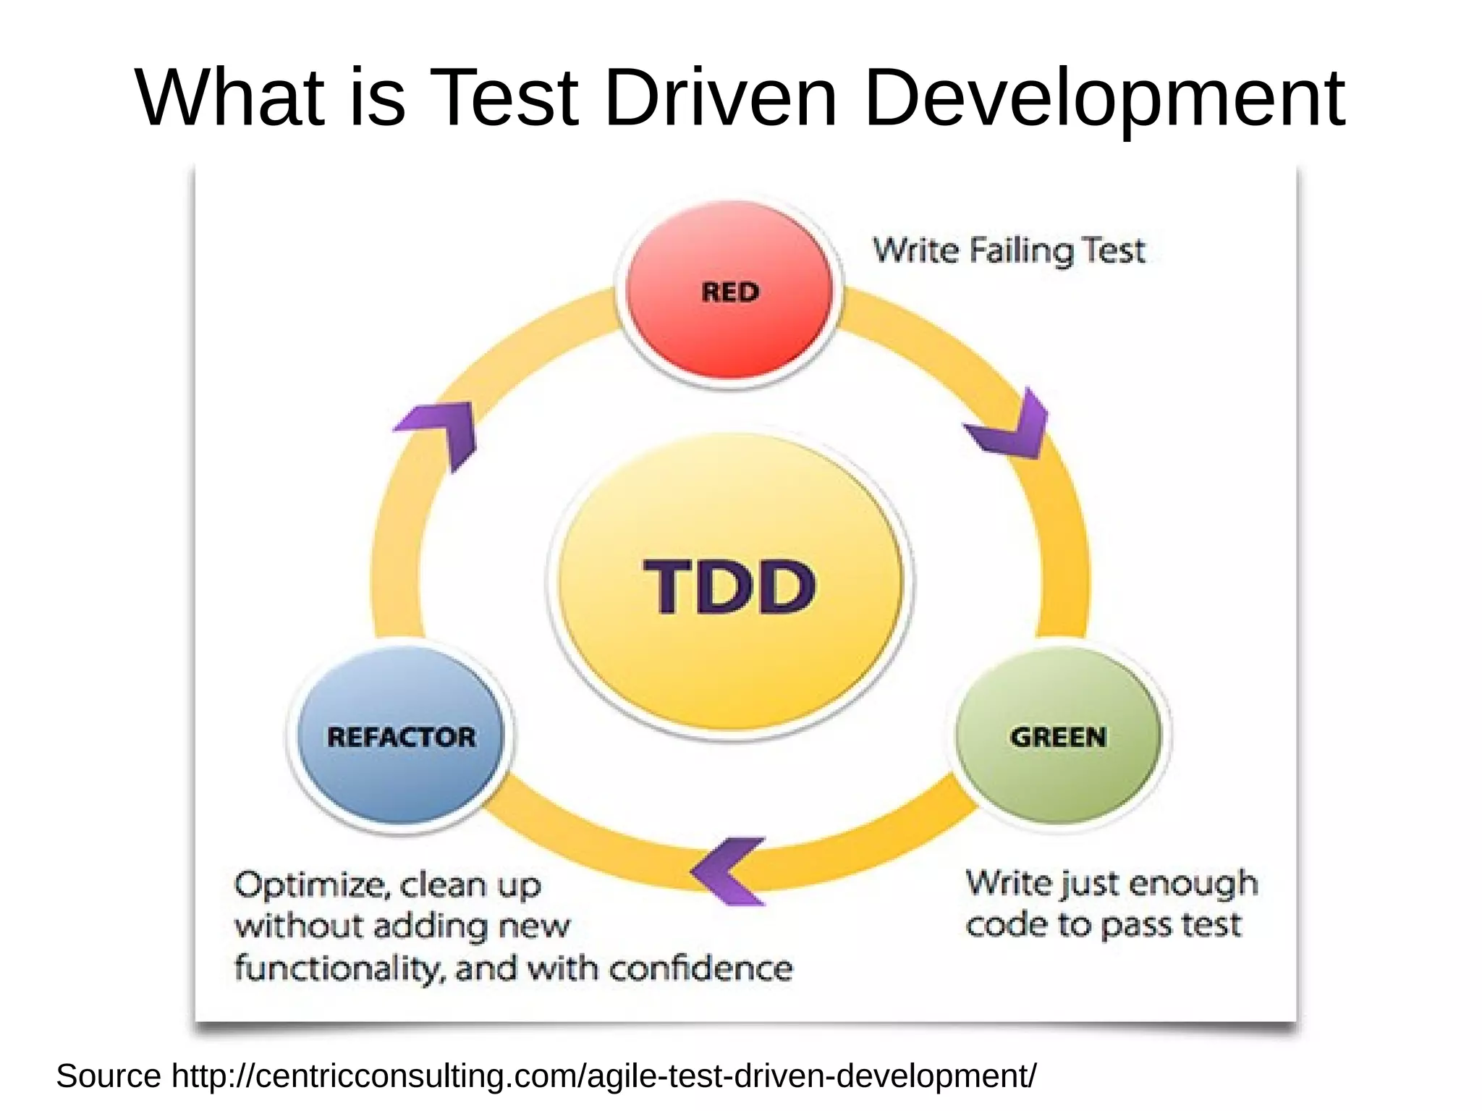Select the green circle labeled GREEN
[x=1058, y=736]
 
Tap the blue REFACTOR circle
[x=401, y=737]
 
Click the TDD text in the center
[x=729, y=587]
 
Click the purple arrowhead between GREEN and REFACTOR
[x=726, y=871]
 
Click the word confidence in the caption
[x=700, y=968]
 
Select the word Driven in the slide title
[x=719, y=97]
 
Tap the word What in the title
[x=229, y=97]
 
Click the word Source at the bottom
[x=109, y=1076]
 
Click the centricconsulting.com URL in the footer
[x=604, y=1076]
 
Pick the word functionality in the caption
[x=337, y=968]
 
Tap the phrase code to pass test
[x=1103, y=925]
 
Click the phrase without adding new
[x=402, y=926]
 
